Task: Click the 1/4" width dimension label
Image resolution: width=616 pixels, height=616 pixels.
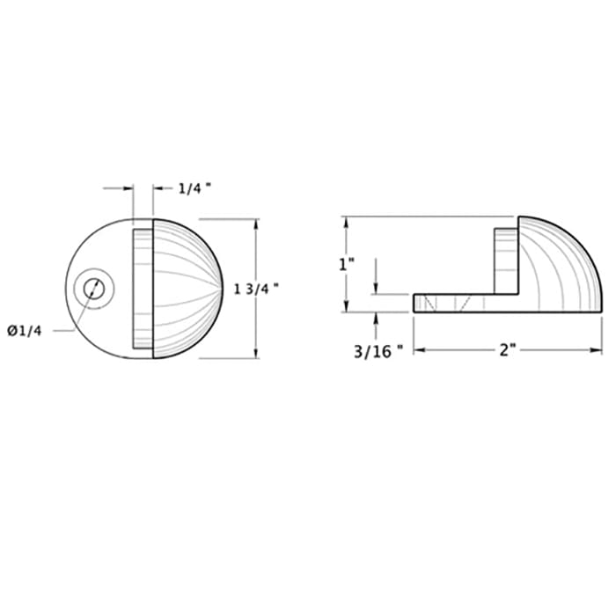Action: coord(194,187)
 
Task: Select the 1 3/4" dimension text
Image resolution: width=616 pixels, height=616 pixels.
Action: coord(258,288)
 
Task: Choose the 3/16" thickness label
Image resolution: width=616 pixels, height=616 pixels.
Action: coord(378,350)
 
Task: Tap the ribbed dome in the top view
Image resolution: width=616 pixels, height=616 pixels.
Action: coord(189,288)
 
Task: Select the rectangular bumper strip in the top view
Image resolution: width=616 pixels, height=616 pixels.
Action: coord(143,288)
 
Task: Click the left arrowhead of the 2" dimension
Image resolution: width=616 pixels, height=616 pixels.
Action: coord(417,350)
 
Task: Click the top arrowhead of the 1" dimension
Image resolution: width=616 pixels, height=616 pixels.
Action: coord(345,221)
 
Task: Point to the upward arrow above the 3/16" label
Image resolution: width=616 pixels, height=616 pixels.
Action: coord(377,318)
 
